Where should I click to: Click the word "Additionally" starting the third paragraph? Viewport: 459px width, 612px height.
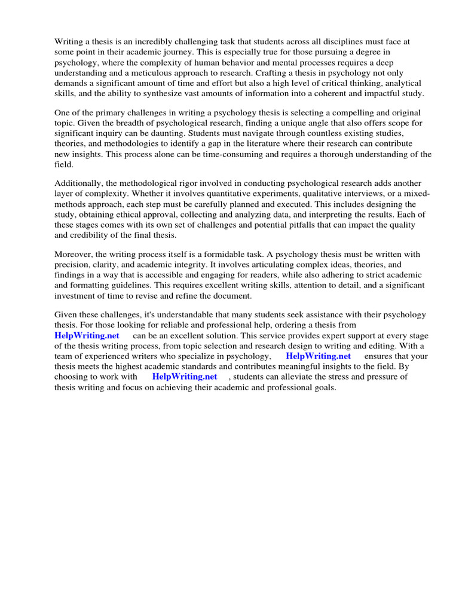pos(78,183)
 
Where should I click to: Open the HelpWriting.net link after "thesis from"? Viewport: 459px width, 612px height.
pos(87,336)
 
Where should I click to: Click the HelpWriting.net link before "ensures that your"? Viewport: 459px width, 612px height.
pos(319,356)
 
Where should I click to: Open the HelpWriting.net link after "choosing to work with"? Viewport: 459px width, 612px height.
pos(185,377)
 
